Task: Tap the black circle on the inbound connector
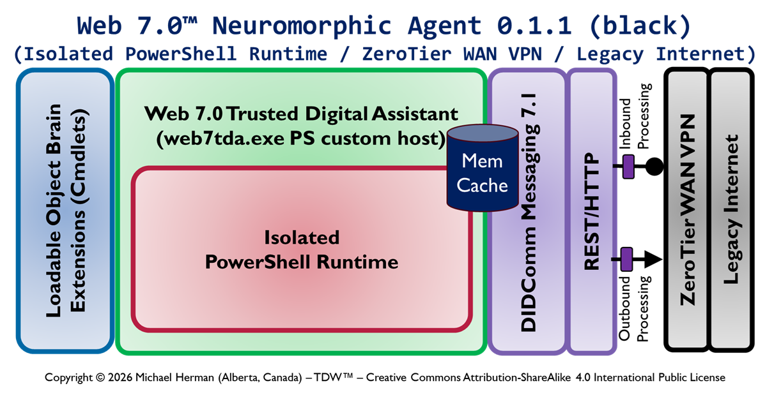click(653, 167)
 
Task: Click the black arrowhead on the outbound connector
click(652, 259)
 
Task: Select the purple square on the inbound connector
click(628, 167)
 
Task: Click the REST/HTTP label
click(592, 212)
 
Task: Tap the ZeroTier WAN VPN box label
click(688, 211)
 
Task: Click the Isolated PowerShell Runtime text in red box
click(301, 250)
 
